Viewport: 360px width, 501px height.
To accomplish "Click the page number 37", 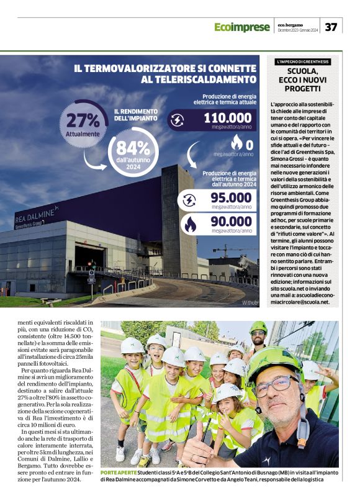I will tap(331, 27).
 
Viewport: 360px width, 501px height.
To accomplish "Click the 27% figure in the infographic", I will tap(83, 120).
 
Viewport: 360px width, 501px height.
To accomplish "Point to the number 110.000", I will tap(228, 119).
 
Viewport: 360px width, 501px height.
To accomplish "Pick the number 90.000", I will tap(227, 222).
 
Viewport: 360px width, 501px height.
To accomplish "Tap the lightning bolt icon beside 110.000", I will tap(177, 120).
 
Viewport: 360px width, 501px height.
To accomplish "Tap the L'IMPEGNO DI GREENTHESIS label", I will tap(303, 62).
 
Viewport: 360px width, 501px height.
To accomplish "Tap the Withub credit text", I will tap(249, 302).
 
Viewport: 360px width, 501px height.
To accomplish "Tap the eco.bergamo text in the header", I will tap(292, 24).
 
